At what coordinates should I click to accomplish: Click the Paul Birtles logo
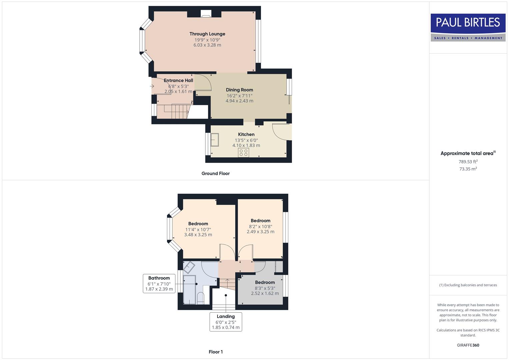coord(468,27)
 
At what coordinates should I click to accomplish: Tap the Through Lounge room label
coord(207,34)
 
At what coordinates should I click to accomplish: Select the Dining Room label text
coord(239,90)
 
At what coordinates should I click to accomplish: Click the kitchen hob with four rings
coord(243,153)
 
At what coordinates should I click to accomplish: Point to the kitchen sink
coord(215,140)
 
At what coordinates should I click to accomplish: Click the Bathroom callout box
coord(159,283)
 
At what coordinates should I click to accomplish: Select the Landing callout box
coord(226,322)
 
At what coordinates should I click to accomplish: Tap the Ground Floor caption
coord(215,173)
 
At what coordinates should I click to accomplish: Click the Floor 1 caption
coord(216,352)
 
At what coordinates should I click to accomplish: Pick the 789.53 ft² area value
coord(468,162)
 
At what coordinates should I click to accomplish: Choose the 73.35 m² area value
coord(468,169)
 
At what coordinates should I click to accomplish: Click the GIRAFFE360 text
coord(468,345)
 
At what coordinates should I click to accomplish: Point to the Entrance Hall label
coord(178,80)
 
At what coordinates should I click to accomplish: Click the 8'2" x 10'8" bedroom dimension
coord(260,226)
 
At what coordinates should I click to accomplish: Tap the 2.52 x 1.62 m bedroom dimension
coord(265,293)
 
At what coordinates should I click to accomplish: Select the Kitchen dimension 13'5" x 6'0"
coord(246,140)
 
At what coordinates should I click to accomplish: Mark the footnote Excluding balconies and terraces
coord(468,285)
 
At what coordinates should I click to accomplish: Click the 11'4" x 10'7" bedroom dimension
coord(198,229)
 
